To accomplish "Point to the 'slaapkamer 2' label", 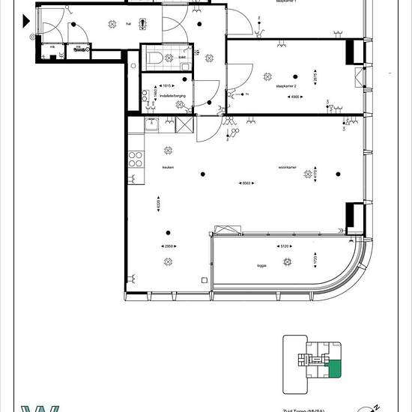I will point(286,86).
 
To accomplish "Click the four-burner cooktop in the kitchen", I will point(136,158).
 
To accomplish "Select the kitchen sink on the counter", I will point(151,125).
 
